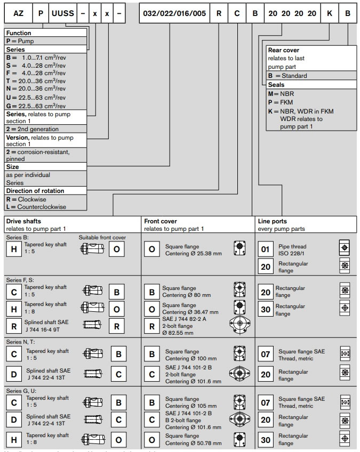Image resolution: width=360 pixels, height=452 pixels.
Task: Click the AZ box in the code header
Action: [x=18, y=13]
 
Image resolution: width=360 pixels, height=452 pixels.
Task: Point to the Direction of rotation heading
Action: [x=35, y=190]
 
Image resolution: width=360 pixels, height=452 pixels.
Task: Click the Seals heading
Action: [x=276, y=85]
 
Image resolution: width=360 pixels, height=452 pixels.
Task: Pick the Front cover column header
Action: [x=161, y=221]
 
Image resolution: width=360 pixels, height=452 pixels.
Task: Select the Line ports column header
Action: [x=273, y=221]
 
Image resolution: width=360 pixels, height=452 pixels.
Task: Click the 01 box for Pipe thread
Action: [x=265, y=249]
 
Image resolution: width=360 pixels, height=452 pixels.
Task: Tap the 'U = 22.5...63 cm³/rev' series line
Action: [x=36, y=97]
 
